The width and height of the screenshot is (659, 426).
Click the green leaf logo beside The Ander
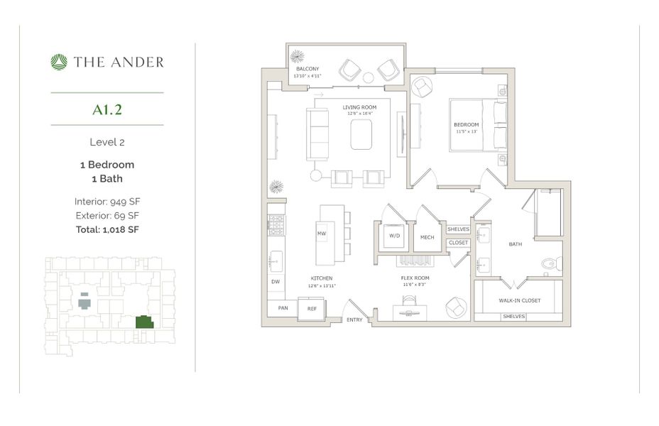click(x=59, y=62)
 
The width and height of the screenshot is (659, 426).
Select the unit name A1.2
click(x=107, y=109)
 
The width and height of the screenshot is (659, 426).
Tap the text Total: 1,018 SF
click(x=107, y=229)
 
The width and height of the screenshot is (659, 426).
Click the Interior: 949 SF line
click(x=107, y=201)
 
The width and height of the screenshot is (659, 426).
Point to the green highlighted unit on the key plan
click(x=145, y=322)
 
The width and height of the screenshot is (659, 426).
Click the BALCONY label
click(x=307, y=70)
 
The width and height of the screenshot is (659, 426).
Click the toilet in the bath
click(x=551, y=265)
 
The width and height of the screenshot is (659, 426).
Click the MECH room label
click(x=427, y=237)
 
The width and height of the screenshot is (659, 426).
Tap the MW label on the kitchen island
click(x=321, y=233)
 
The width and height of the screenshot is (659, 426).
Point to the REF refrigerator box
click(x=311, y=309)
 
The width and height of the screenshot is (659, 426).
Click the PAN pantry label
click(x=282, y=309)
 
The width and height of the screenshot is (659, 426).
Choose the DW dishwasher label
click(x=276, y=281)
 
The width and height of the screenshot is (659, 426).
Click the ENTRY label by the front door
click(x=354, y=319)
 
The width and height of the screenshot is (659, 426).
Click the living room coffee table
click(x=361, y=134)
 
